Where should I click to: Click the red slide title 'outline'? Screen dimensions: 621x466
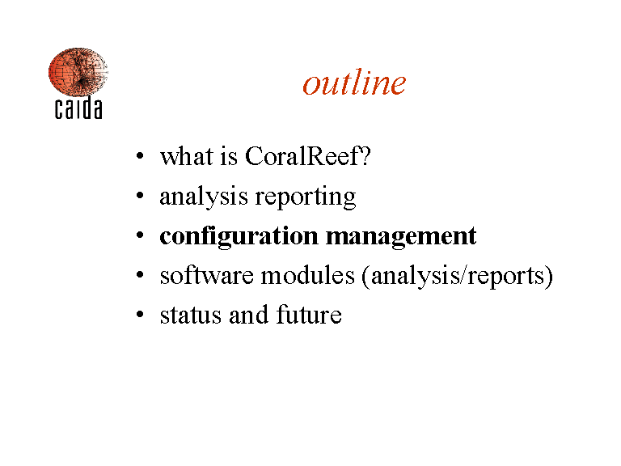tap(354, 83)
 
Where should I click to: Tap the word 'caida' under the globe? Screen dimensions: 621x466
tap(78, 108)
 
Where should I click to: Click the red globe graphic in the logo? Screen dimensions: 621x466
tap(78, 72)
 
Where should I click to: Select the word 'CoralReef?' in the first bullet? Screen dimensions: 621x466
tap(308, 155)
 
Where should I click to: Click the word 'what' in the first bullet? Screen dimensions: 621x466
tap(187, 155)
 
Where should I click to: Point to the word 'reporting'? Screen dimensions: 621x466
tap(306, 197)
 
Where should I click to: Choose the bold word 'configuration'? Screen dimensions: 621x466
tap(239, 236)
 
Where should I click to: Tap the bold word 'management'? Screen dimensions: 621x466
tap(401, 237)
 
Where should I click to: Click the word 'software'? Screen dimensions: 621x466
tap(206, 275)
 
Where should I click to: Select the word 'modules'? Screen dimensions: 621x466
tap(308, 275)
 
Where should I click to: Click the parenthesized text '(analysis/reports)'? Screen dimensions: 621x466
tap(458, 276)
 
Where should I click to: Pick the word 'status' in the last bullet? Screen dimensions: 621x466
tap(191, 315)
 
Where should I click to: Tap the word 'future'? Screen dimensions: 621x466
tap(309, 315)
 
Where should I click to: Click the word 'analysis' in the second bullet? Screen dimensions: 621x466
tap(204, 197)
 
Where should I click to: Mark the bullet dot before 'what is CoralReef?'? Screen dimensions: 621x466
tap(140, 155)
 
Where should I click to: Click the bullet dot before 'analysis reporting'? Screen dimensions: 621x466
tap(140, 195)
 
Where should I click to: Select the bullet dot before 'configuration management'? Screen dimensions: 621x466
tap(140, 235)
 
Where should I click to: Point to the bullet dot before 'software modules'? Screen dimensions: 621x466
tap(140, 274)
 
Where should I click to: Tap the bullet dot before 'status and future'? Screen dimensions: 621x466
tap(140, 314)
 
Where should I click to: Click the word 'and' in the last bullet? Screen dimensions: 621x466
tap(249, 315)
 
